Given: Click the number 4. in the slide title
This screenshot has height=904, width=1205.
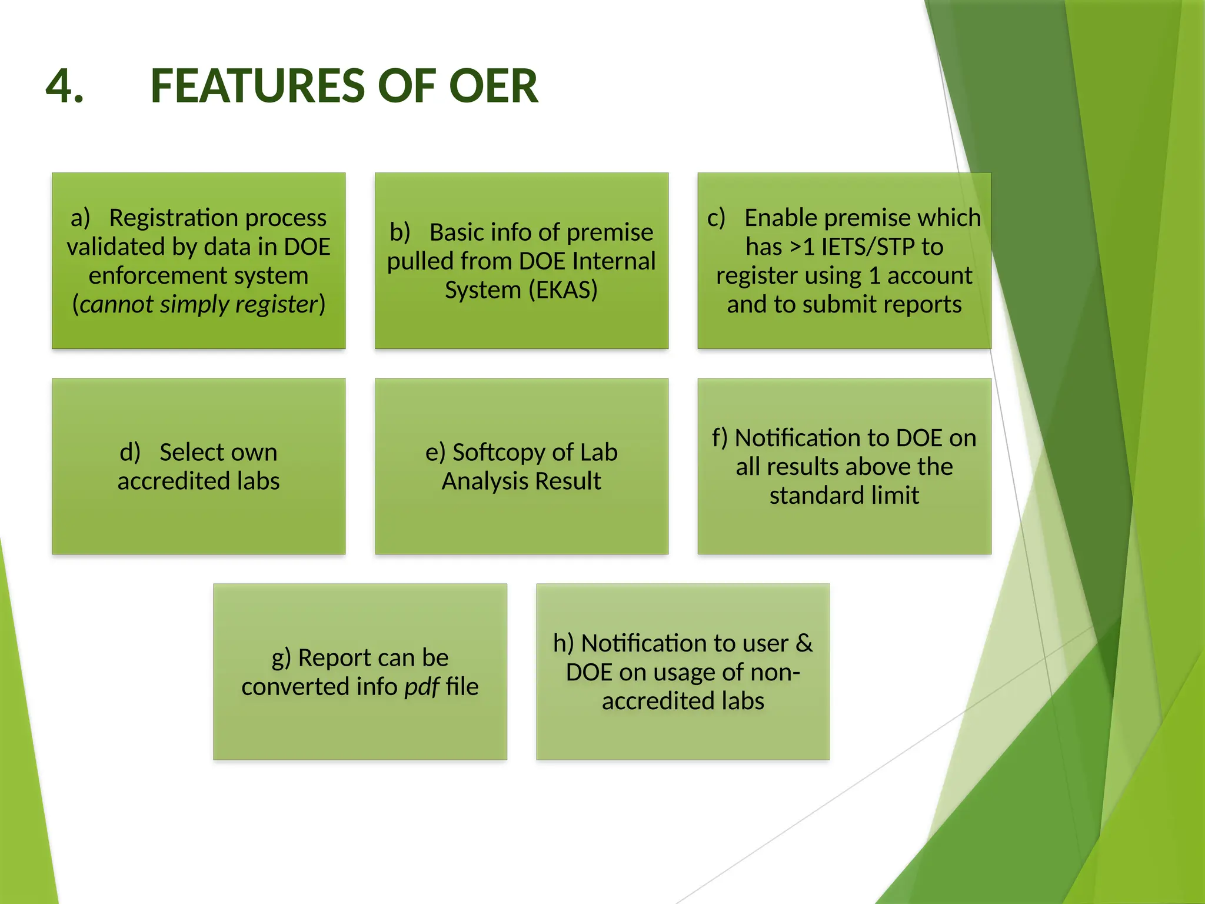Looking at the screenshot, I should click(65, 86).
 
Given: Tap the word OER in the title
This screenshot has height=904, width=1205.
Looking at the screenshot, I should click(493, 86).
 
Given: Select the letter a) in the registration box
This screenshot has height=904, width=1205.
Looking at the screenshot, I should click(81, 218).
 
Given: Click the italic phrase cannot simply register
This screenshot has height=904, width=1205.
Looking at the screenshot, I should click(199, 304).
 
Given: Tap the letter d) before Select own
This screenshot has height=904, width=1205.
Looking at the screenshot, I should click(130, 453).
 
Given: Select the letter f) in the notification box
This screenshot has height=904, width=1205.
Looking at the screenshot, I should click(720, 438).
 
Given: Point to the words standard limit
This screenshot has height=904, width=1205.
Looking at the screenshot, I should click(844, 496).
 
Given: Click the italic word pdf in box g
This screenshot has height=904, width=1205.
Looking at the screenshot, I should click(421, 687).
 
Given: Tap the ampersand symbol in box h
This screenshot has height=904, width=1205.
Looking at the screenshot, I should click(804, 643).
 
